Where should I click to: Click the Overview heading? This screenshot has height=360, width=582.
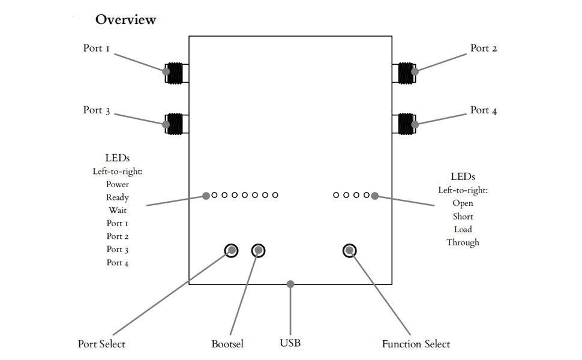pyautogui.click(x=125, y=20)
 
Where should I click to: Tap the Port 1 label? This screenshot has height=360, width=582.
pyautogui.click(x=97, y=48)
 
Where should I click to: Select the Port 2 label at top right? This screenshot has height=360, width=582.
pyautogui.click(x=484, y=48)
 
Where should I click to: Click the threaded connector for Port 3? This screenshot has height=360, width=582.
pyautogui.click(x=175, y=124)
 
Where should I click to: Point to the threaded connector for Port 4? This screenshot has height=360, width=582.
pyautogui.click(x=406, y=124)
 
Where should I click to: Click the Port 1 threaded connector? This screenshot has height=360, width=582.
pyautogui.click(x=175, y=73)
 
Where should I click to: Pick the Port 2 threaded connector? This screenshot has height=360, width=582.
pyautogui.click(x=406, y=73)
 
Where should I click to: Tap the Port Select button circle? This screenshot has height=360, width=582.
pyautogui.click(x=231, y=251)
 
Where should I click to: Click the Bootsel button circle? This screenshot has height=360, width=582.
pyautogui.click(x=259, y=251)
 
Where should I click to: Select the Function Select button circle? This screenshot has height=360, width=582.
pyautogui.click(x=349, y=251)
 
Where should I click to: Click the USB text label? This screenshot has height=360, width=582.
pyautogui.click(x=290, y=343)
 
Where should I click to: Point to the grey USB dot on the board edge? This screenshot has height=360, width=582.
pyautogui.click(x=290, y=284)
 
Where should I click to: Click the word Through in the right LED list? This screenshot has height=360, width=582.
pyautogui.click(x=463, y=242)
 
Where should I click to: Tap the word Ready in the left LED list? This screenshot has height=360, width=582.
pyautogui.click(x=117, y=197)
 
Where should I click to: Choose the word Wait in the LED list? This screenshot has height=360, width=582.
pyautogui.click(x=118, y=210)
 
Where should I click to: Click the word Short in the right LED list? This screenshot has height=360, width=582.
pyautogui.click(x=463, y=217)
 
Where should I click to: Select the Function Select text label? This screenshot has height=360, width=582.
pyautogui.click(x=416, y=344)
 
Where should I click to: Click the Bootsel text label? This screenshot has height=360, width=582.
pyautogui.click(x=227, y=344)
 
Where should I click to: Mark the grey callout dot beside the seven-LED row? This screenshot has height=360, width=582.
pyautogui.click(x=206, y=196)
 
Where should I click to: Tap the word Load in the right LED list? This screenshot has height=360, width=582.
pyautogui.click(x=463, y=229)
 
